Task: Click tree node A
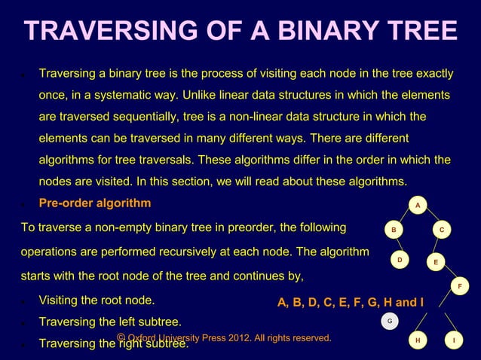click(x=418, y=205)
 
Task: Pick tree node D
click(x=400, y=260)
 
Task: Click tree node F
click(x=460, y=286)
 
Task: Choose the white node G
click(x=389, y=321)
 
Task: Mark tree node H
click(x=418, y=340)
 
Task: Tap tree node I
click(x=453, y=340)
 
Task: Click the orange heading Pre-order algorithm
click(x=95, y=203)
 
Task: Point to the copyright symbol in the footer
click(x=121, y=337)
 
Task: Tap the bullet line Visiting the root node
click(x=97, y=301)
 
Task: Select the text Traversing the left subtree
click(x=109, y=323)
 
